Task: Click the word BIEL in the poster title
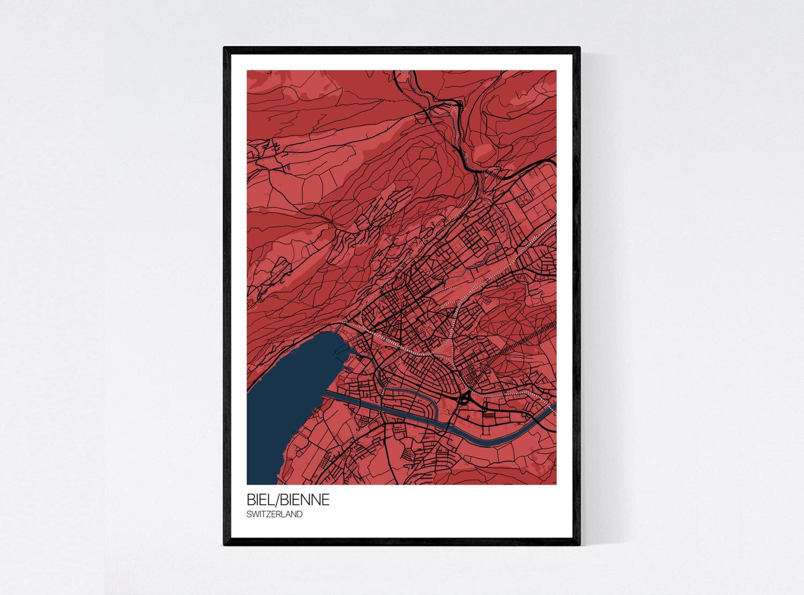point(259,500)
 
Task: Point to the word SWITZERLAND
point(274,514)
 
